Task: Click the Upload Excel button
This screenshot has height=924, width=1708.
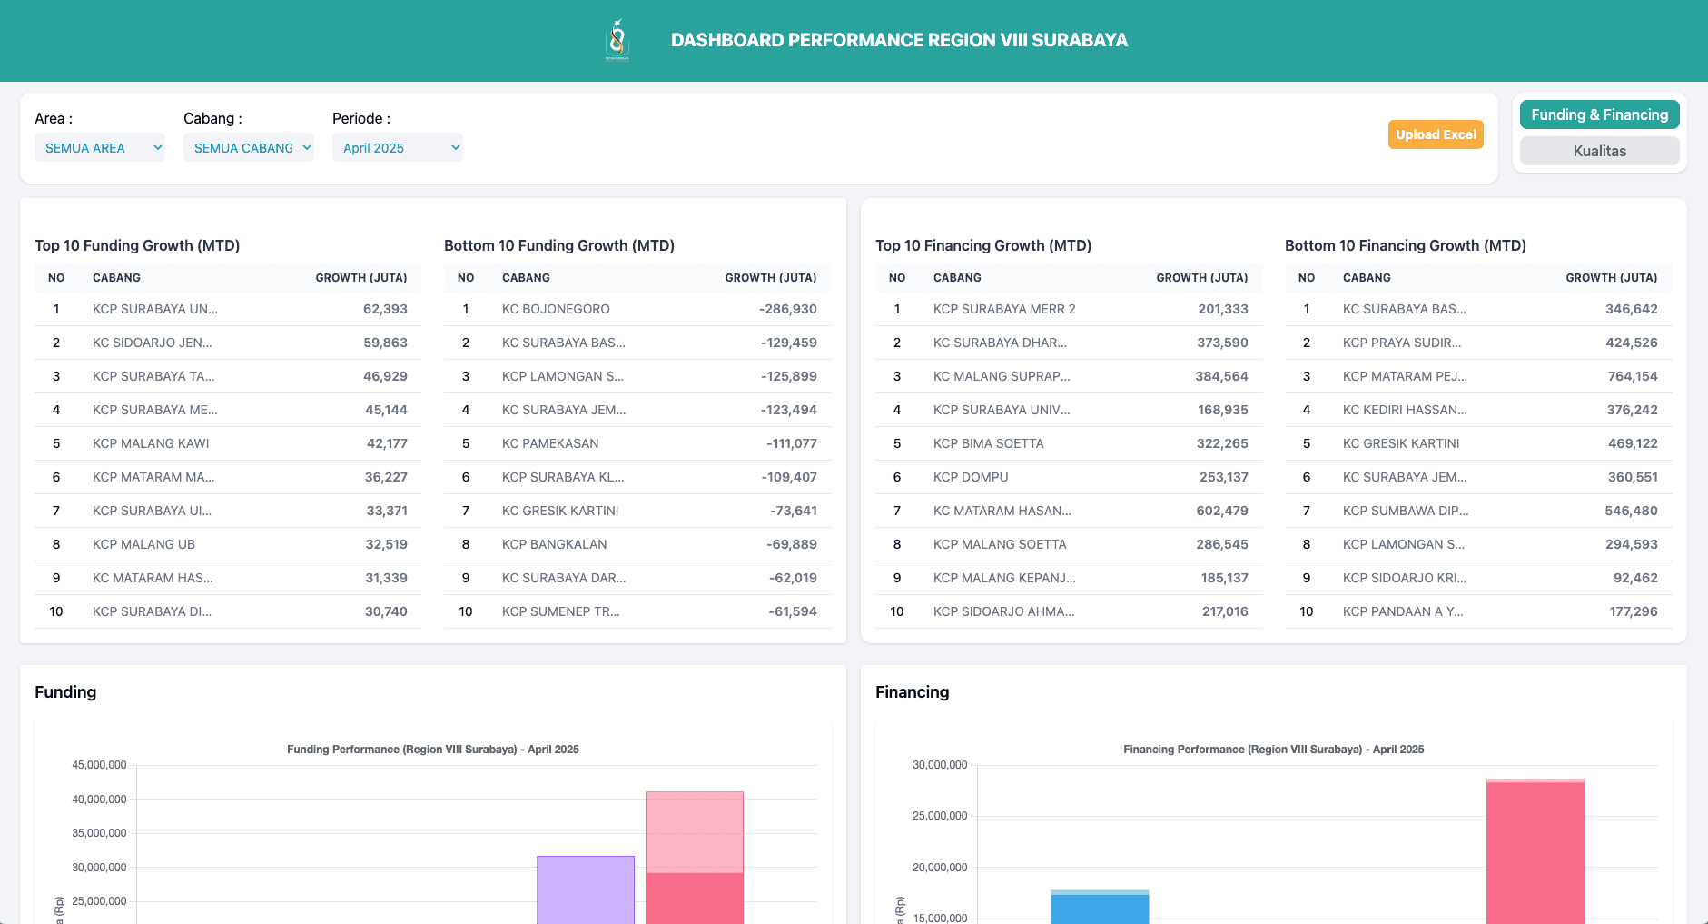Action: tap(1435, 134)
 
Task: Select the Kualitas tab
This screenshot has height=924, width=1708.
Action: tap(1599, 151)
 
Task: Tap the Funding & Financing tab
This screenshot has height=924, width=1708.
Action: tap(1599, 114)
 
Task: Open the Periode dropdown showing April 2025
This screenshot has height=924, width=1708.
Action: tap(397, 148)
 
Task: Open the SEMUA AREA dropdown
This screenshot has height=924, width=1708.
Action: tap(99, 148)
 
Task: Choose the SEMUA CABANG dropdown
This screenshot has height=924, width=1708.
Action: tap(248, 148)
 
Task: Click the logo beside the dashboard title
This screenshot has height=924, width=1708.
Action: tap(617, 40)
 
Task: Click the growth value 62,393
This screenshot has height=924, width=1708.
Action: tap(385, 309)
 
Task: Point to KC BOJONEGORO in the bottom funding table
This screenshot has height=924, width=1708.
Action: tap(556, 309)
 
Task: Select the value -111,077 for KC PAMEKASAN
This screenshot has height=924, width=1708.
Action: tap(791, 443)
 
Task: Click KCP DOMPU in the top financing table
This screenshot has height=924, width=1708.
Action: tap(971, 477)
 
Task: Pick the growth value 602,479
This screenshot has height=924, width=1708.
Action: tap(1221, 511)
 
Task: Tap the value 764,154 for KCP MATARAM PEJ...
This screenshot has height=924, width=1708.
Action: tap(1632, 376)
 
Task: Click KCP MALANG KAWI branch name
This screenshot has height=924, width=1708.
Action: tap(151, 443)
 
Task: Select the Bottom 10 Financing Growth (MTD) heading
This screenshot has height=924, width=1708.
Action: tap(1405, 245)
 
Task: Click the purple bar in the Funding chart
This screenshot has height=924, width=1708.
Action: tap(585, 890)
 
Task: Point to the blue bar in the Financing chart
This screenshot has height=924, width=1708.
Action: tap(1100, 909)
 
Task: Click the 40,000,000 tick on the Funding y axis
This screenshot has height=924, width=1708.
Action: tap(99, 800)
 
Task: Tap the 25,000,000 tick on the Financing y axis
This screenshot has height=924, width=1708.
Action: tap(940, 816)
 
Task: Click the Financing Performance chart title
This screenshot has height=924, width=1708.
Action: tap(1273, 750)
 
